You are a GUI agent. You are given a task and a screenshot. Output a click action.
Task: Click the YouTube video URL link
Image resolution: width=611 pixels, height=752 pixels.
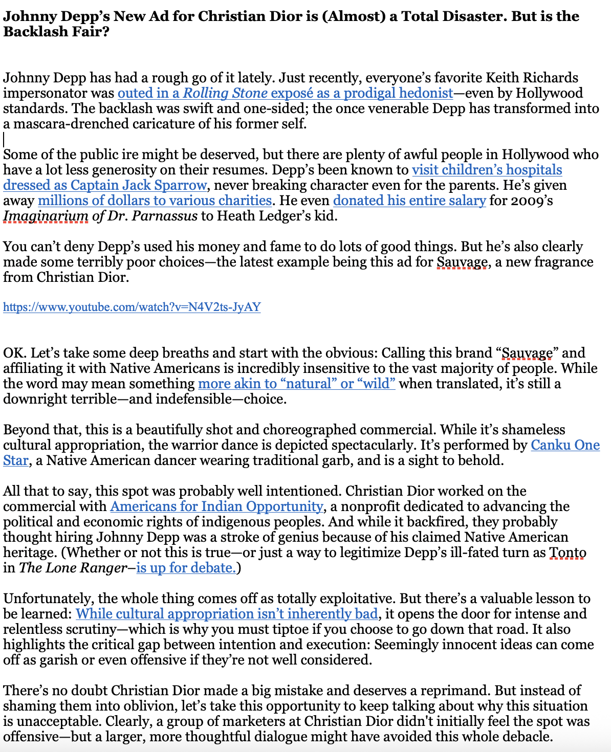[x=132, y=307]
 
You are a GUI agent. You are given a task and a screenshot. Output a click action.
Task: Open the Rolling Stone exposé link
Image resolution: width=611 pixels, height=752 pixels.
[x=285, y=93]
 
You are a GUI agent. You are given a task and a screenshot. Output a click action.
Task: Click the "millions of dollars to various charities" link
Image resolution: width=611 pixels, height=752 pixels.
[x=155, y=201]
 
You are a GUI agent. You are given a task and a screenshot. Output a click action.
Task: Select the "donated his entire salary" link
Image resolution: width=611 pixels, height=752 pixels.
[x=409, y=201]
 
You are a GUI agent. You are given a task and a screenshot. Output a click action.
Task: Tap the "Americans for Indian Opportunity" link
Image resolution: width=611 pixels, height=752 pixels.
[x=216, y=506]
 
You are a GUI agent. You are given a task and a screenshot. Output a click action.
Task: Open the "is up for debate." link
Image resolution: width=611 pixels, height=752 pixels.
[x=186, y=568]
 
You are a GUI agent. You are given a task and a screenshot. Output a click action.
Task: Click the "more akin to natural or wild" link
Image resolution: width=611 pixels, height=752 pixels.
[x=296, y=384]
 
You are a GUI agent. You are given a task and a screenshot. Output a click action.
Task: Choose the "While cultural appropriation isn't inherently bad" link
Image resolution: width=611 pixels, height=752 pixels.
[x=227, y=614]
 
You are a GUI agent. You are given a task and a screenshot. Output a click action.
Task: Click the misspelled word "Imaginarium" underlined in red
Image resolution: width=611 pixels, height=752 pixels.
[x=46, y=216]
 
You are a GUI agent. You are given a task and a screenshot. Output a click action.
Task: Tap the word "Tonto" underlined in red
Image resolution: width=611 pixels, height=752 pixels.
[x=568, y=552]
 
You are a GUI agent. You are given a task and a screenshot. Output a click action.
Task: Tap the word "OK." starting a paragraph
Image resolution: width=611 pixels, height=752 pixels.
[x=15, y=353]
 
